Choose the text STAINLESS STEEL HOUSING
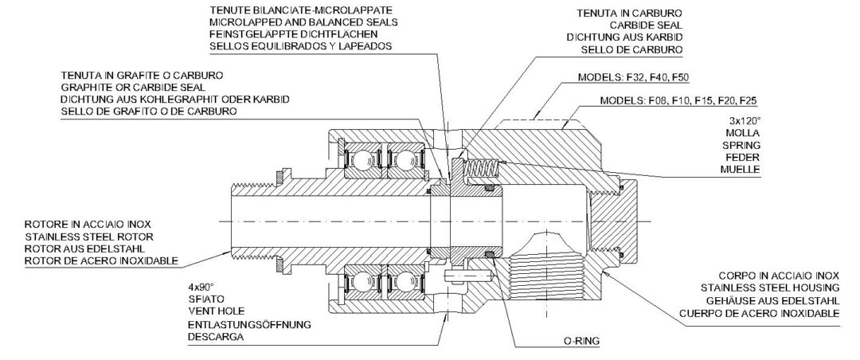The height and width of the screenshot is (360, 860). pos(770,287)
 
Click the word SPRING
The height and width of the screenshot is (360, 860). pos(741,146)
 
